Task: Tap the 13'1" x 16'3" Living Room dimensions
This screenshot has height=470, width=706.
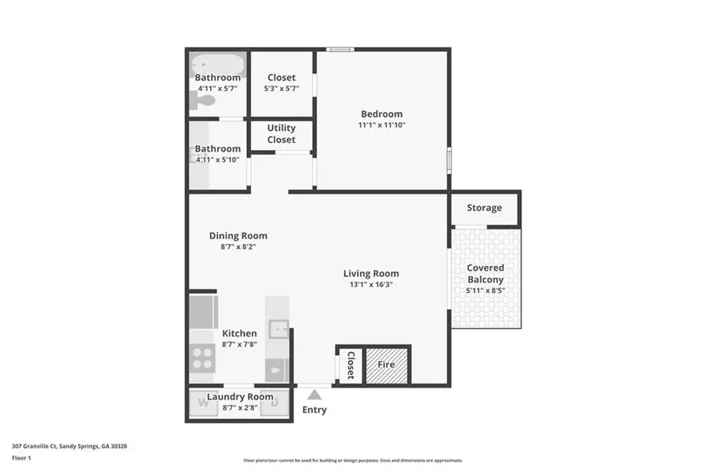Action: click(370, 285)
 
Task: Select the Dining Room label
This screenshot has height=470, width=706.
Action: click(238, 235)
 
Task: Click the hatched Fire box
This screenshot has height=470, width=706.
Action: click(386, 365)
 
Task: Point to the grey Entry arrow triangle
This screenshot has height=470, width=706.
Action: click(315, 395)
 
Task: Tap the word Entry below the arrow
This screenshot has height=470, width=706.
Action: click(315, 410)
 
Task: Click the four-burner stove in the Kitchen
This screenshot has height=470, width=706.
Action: click(202, 358)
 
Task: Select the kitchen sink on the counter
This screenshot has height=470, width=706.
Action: click(278, 328)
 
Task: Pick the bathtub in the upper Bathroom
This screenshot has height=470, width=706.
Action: click(217, 62)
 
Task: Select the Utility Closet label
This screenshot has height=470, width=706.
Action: click(281, 133)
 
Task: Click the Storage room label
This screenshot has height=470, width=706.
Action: click(484, 208)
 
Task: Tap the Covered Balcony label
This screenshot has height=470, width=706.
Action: click(486, 274)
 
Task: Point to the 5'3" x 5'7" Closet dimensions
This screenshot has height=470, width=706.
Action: click(281, 89)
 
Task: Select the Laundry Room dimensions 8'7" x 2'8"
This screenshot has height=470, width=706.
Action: click(239, 407)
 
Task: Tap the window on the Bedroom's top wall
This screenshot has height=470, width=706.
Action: click(340, 50)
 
